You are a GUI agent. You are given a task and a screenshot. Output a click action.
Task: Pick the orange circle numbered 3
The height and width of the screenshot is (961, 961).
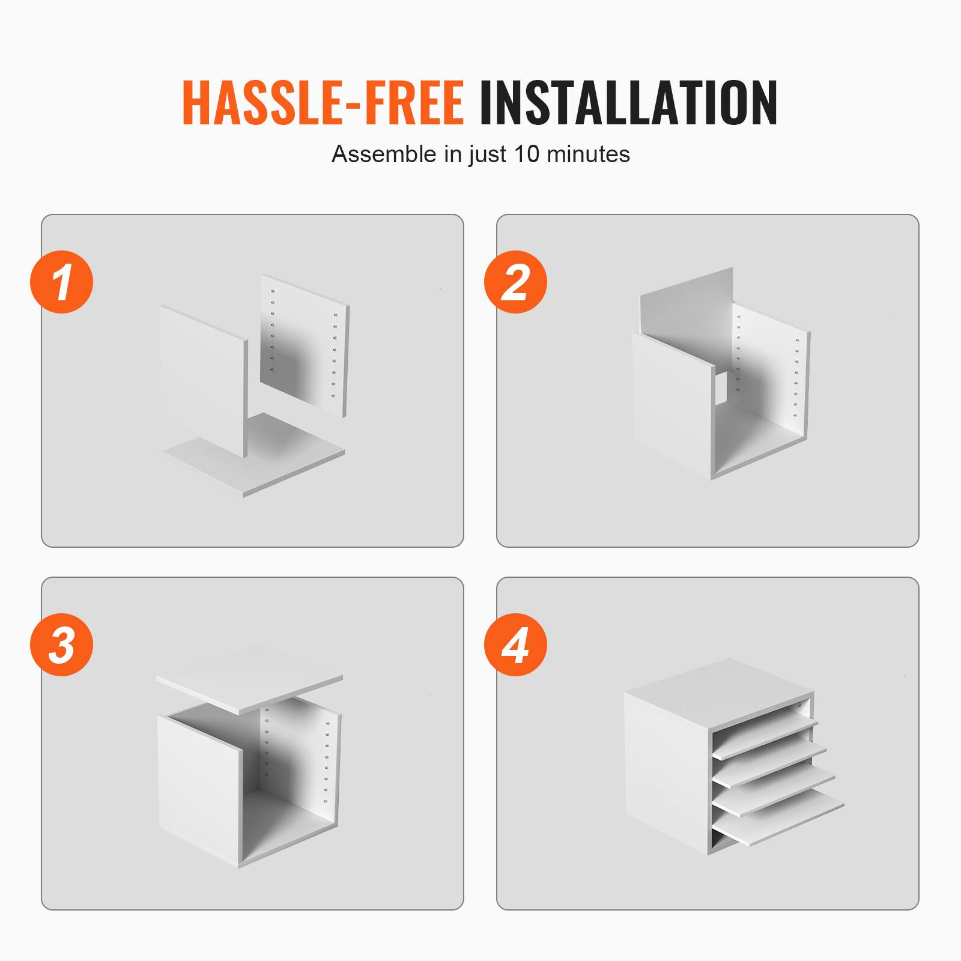[x=62, y=645]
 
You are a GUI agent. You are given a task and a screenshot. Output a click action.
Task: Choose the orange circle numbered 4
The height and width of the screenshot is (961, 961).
[x=515, y=645]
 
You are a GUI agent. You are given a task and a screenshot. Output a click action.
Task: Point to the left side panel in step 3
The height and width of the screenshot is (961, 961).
[x=198, y=787]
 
